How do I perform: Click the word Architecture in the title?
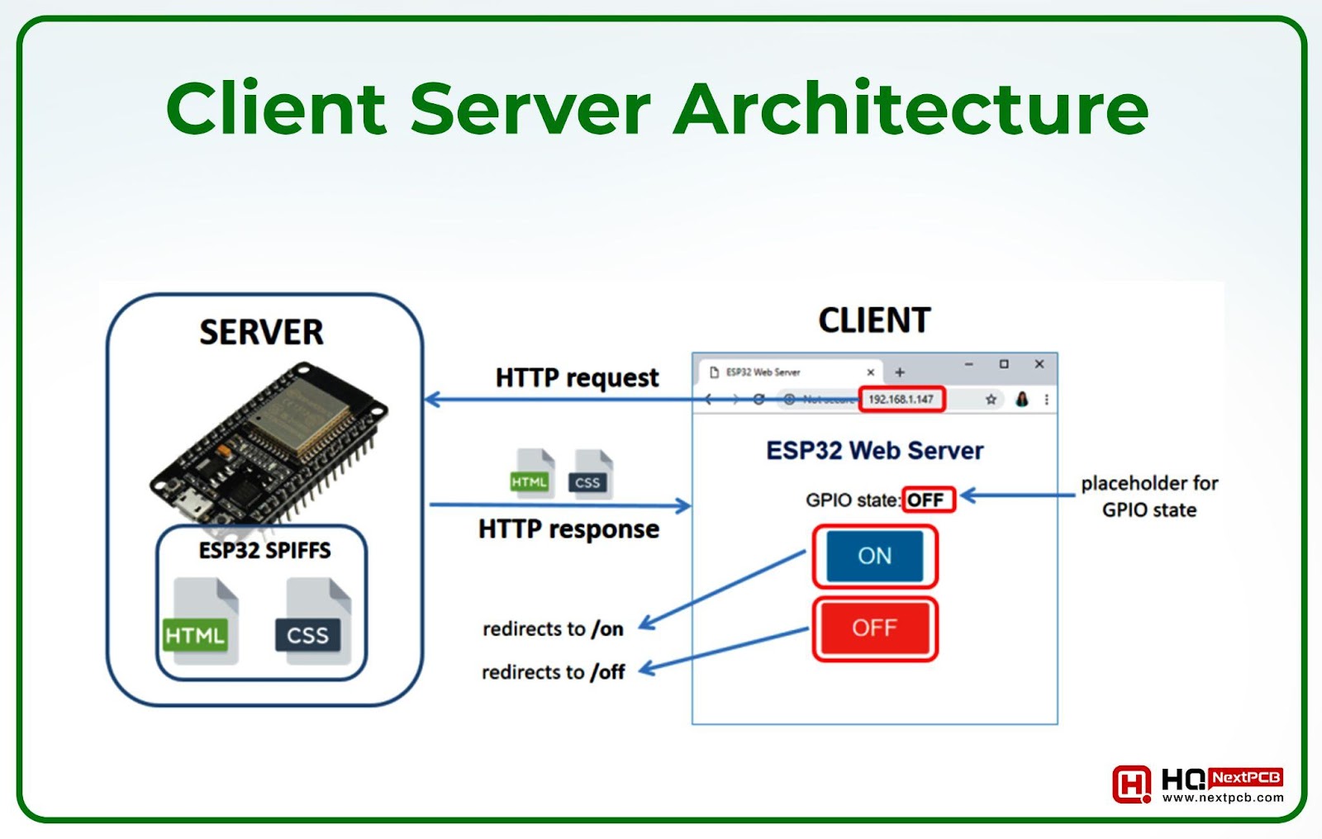[911, 109]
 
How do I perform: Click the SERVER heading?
[261, 332]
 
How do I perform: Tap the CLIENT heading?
[874, 320]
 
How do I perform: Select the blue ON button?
[874, 556]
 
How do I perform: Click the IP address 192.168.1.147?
[901, 400]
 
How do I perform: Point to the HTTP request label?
[577, 378]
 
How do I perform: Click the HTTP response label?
[568, 529]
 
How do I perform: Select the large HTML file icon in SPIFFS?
[202, 621]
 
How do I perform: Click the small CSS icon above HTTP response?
[590, 475]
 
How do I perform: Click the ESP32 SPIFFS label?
[264, 551]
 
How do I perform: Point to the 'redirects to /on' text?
[553, 629]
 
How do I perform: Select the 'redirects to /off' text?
[553, 672]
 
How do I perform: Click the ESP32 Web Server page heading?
[874, 451]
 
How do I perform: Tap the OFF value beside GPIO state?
[926, 500]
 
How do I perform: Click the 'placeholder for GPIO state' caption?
[1149, 496]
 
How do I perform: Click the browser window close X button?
[1039, 364]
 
